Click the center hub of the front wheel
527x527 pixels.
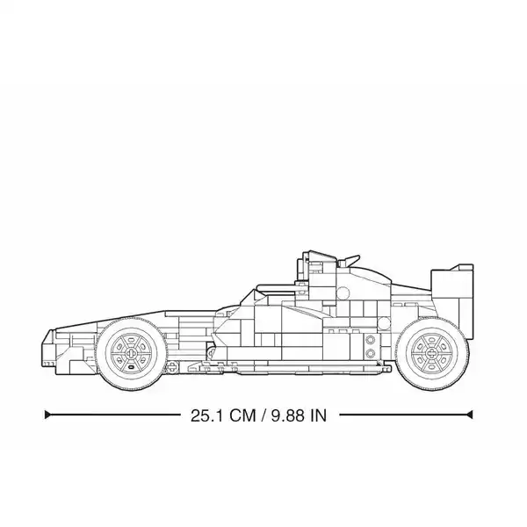click(x=131, y=353)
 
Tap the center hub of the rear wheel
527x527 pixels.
click(x=431, y=353)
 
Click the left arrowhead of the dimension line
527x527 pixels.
click(x=47, y=415)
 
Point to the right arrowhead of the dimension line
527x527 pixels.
click(x=470, y=415)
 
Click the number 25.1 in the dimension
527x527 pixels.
click(x=206, y=415)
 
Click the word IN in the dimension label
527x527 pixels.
click(x=319, y=415)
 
